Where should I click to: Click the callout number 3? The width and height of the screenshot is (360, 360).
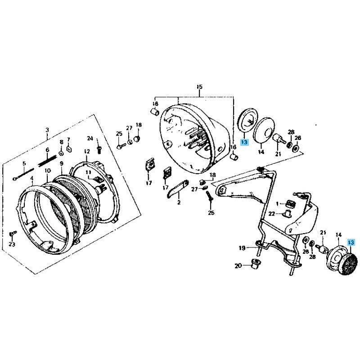pos(47,130)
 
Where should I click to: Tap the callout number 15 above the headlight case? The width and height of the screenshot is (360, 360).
pos(200,87)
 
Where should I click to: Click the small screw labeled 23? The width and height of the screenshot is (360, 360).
pos(12,234)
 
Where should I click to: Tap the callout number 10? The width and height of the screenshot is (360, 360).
pos(47,171)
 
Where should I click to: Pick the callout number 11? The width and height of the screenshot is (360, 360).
pos(89,172)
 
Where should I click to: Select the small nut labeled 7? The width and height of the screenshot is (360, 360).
pos(69,149)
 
